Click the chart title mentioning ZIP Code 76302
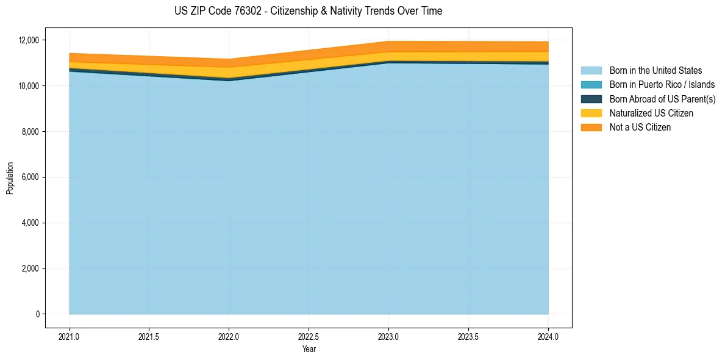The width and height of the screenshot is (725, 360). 308,11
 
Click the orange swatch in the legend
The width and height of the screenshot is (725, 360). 591,127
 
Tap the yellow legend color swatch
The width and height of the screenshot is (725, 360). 591,113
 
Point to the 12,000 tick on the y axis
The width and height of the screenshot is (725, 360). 28,40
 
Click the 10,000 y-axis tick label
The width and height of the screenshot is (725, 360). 28,86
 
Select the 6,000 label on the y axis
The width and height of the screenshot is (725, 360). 30,178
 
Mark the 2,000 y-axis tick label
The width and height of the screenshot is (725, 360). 30,268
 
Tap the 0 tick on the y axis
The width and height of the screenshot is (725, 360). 37,314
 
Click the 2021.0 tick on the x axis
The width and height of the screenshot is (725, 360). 70,336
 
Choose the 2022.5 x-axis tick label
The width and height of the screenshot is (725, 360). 309,336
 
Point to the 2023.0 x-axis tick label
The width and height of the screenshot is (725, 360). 388,336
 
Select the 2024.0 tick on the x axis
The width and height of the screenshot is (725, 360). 548,336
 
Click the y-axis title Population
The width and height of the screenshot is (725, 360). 10,178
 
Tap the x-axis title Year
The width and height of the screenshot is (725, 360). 309,349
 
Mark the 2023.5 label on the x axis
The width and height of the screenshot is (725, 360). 468,336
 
